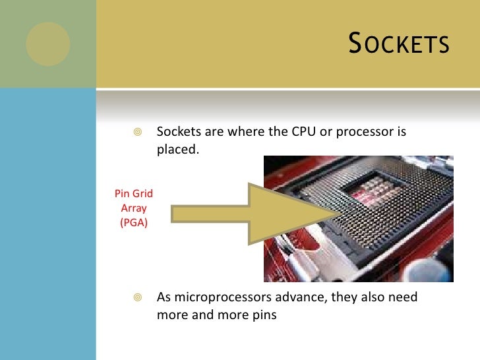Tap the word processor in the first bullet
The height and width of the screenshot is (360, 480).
(x=365, y=132)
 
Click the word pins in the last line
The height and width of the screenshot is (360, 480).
(x=264, y=315)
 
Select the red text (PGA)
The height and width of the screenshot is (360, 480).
(x=134, y=222)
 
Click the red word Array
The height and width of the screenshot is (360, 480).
(x=134, y=208)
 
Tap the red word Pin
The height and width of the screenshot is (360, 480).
(x=122, y=194)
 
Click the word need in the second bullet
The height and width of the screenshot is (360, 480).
(x=404, y=297)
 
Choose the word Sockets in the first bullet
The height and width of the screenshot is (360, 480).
(x=177, y=132)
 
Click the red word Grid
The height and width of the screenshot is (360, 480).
(x=142, y=194)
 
